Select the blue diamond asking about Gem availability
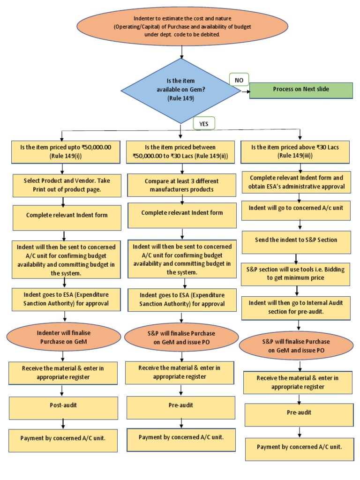[180, 90]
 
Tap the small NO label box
[239, 80]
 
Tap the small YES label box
[203, 123]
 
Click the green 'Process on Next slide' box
[300, 90]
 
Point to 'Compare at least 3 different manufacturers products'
[181, 185]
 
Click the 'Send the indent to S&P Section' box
[296, 240]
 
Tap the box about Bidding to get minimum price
[296, 274]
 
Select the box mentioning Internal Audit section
[296, 307]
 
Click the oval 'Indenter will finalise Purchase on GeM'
[63, 337]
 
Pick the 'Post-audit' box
[63, 408]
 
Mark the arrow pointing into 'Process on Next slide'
[245, 92]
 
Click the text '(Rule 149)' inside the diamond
[180, 99]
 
